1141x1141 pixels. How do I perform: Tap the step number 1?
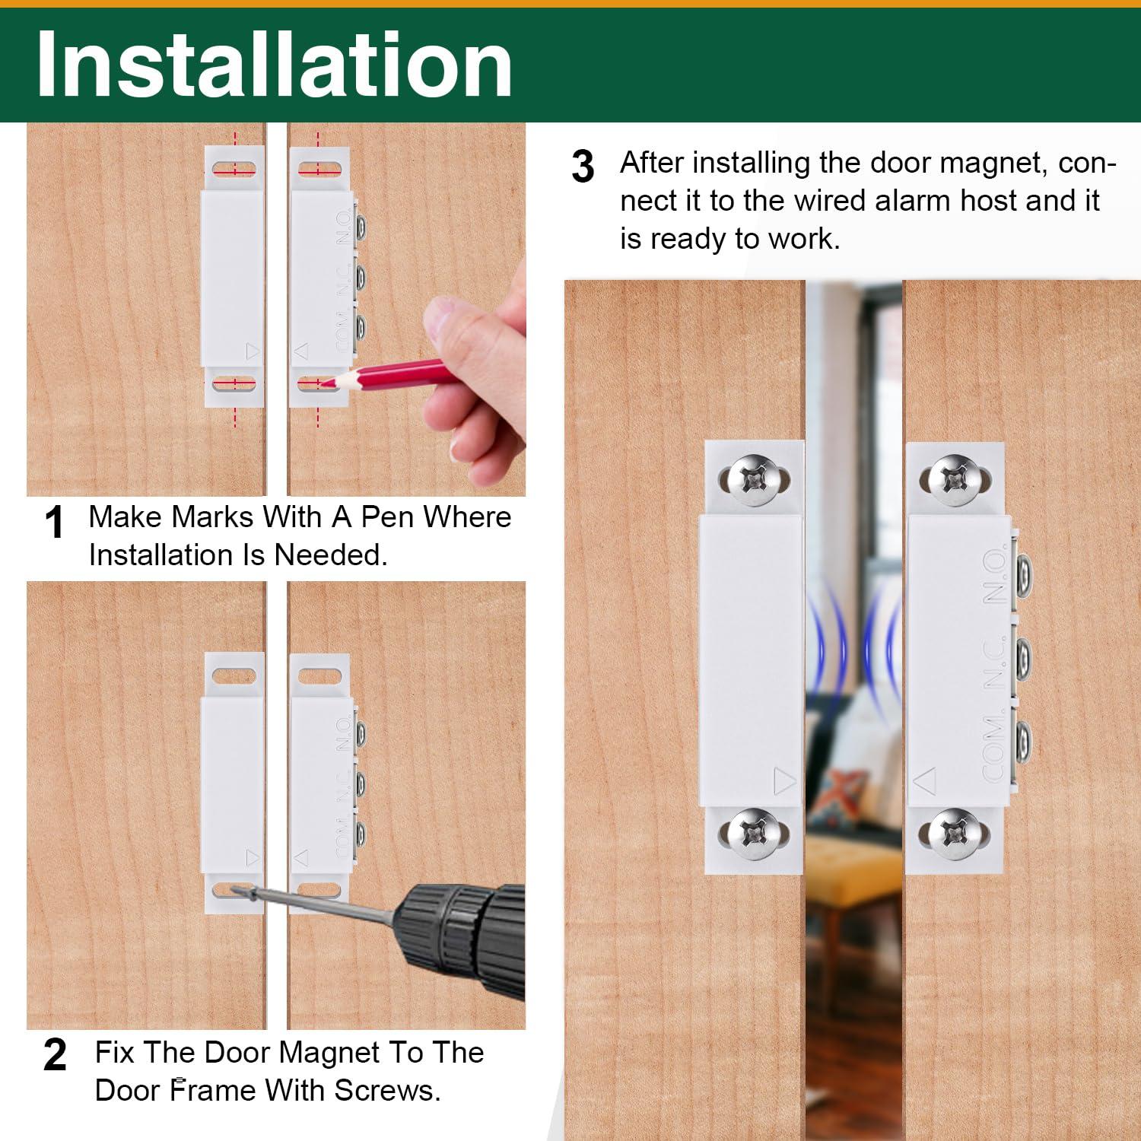(x=54, y=523)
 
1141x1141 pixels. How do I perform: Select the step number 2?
(x=55, y=1055)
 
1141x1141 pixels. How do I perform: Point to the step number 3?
(x=583, y=167)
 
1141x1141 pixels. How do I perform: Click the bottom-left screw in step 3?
(x=751, y=834)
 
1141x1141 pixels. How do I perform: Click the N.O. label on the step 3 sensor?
(x=995, y=575)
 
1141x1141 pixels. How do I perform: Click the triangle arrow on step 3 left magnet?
(x=784, y=780)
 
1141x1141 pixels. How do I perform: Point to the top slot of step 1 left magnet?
(x=234, y=167)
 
